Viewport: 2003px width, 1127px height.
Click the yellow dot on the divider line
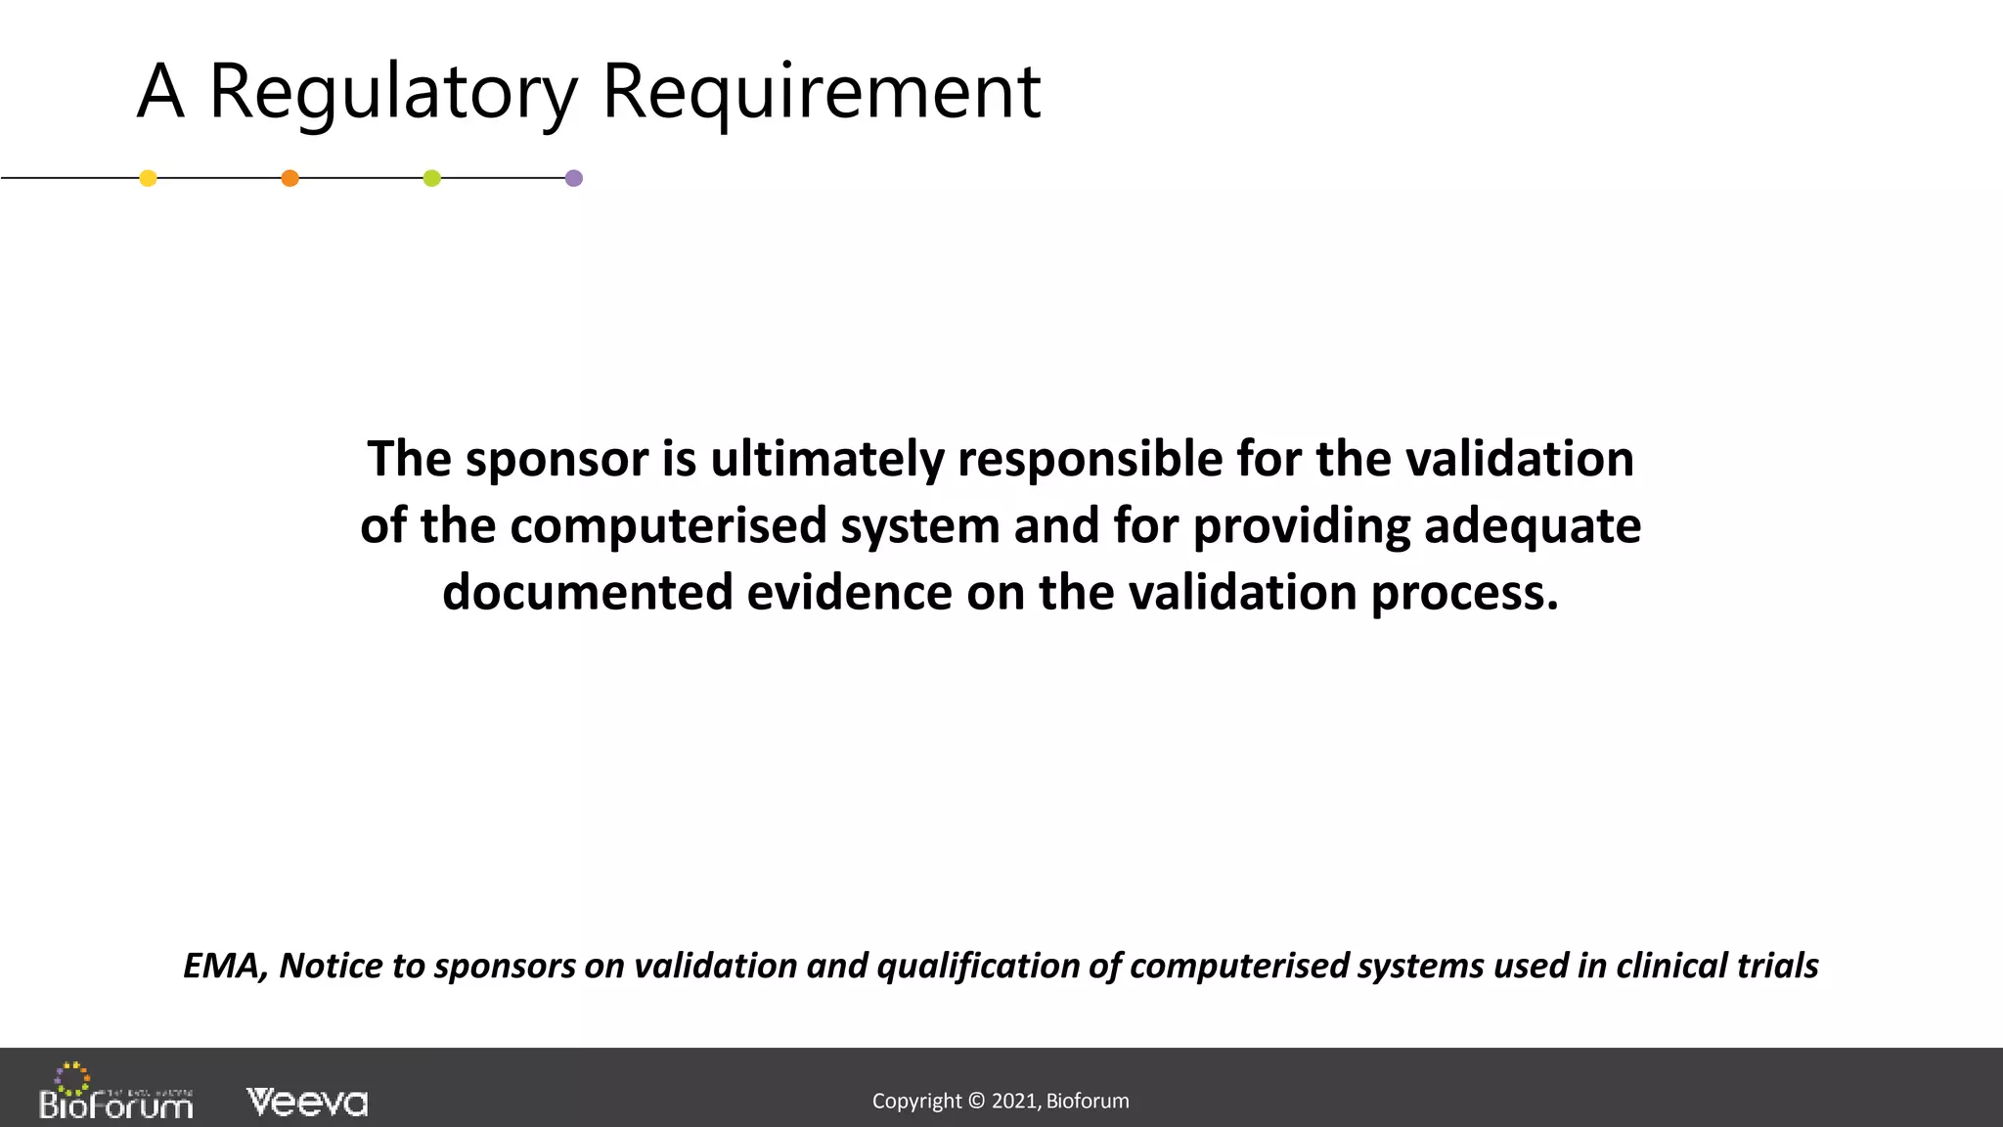(x=148, y=178)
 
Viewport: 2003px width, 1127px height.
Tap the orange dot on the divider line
(x=289, y=178)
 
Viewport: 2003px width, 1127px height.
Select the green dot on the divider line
(x=431, y=178)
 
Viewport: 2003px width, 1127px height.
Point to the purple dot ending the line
(x=574, y=178)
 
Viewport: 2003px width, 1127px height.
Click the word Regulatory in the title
(x=393, y=93)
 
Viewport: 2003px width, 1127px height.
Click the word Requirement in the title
(x=822, y=93)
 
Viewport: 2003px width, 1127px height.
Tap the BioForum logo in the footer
(x=115, y=1094)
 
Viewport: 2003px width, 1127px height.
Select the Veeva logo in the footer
(x=307, y=1103)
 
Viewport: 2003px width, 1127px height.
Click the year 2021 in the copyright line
(x=1014, y=1102)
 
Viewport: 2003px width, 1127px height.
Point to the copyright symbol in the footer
(x=976, y=1102)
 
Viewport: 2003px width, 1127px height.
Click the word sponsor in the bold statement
(x=556, y=460)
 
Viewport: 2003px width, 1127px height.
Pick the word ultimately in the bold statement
(x=826, y=460)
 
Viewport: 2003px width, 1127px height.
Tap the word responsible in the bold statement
(x=1090, y=460)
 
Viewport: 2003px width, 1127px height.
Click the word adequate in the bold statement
(x=1532, y=526)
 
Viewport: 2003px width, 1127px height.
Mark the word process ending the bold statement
(x=1464, y=593)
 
